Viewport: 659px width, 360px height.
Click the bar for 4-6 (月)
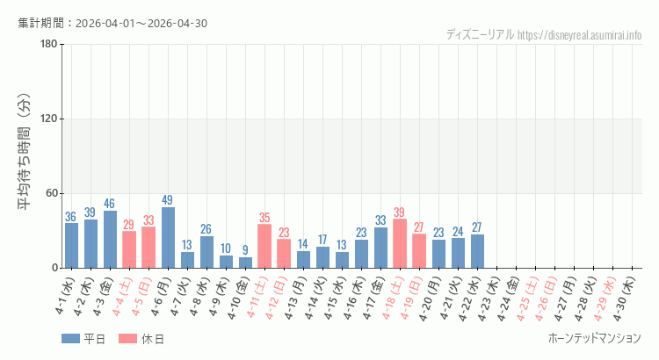coord(168,238)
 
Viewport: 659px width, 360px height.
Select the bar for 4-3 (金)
coord(110,240)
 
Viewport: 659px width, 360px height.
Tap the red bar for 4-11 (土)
coord(264,246)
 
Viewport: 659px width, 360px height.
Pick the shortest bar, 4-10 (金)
coord(245,263)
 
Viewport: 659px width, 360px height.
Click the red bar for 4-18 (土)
coord(400,243)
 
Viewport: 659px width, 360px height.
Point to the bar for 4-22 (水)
coord(477,251)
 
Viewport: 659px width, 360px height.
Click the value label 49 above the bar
coord(168,200)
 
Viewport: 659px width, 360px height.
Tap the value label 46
coord(110,204)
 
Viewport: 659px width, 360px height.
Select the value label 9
coord(245,250)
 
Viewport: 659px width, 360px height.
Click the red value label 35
coord(264,218)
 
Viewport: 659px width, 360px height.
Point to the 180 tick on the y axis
coord(49,45)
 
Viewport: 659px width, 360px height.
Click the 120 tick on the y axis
coord(49,119)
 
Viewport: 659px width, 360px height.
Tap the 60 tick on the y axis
coord(52,193)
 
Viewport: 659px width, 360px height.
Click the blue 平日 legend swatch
coord(70,339)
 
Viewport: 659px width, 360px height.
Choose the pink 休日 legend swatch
coord(127,339)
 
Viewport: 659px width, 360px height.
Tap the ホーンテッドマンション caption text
coord(594,339)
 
